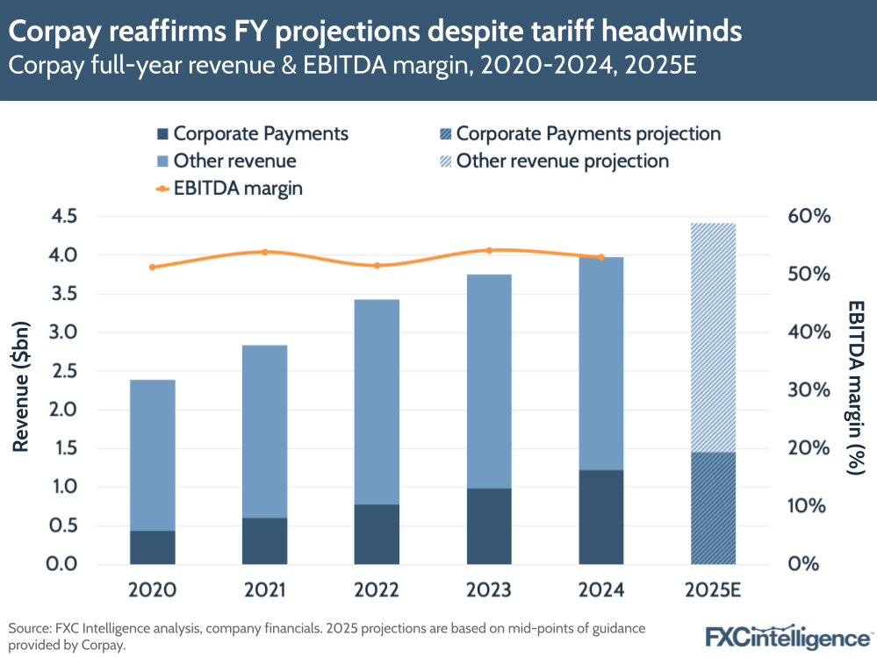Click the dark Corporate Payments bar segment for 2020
pos(152,546)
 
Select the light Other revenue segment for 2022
pos(377,402)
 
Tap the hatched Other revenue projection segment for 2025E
pos(713,338)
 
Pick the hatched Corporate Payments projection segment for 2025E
pos(713,508)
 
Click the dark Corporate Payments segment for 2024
pos(601,517)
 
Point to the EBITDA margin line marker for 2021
pos(265,252)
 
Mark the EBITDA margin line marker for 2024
pos(601,257)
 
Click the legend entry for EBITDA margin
pos(229,188)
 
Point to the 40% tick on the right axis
pos(806,332)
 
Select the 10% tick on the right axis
pos(806,506)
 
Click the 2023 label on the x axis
pos(489,590)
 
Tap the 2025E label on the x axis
pos(713,590)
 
